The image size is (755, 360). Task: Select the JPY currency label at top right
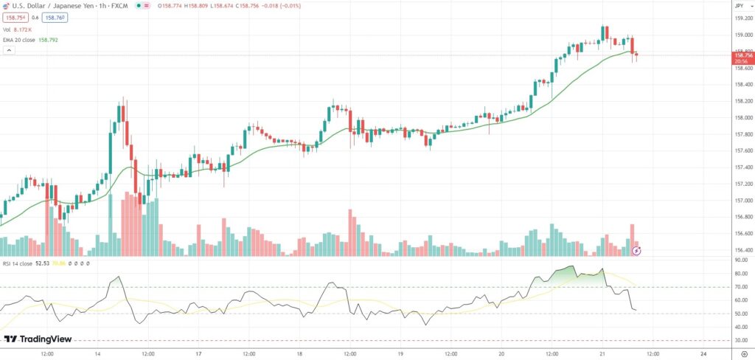coord(739,5)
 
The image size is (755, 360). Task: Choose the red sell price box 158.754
coord(14,16)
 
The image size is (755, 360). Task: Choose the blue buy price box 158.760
coord(53,16)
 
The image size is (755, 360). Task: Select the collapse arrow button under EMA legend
coord(9,49)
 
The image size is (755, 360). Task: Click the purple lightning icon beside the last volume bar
coord(636,250)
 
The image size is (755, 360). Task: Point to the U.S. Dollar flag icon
coord(6,5)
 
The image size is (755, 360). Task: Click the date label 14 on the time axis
coord(97,353)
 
